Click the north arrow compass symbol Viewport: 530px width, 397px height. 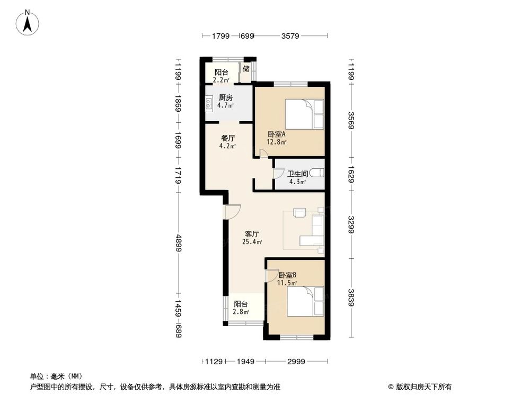coord(28,22)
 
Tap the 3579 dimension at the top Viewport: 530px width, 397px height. coord(290,36)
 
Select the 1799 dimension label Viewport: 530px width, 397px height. coord(220,36)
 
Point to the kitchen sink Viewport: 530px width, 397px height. coord(208,102)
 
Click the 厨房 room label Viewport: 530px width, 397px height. coord(225,97)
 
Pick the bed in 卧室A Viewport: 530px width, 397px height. coord(305,114)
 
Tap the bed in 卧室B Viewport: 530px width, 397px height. coord(306,301)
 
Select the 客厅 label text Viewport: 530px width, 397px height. coord(252,234)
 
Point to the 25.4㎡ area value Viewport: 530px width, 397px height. coord(252,242)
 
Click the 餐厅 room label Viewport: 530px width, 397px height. coord(228,138)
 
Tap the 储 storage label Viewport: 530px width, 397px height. coord(246,68)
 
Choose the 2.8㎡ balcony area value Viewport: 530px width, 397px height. coord(241,312)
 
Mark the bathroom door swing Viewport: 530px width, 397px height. coord(278,174)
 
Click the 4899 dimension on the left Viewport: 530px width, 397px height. coord(179,243)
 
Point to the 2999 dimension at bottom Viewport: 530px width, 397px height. coord(296,362)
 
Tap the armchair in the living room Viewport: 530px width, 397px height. coord(299,213)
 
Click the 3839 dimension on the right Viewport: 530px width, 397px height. coord(351,297)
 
